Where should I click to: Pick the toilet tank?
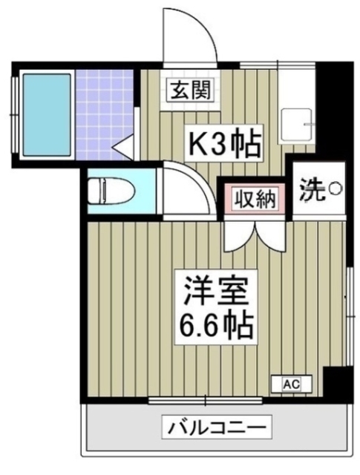[95, 190]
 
